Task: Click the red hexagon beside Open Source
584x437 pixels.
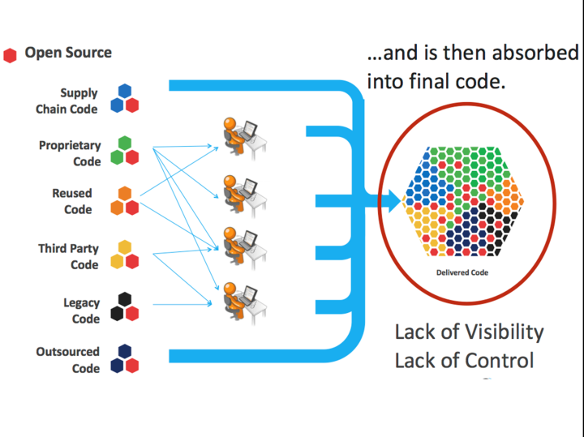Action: (10, 55)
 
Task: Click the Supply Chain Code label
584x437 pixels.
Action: (67, 101)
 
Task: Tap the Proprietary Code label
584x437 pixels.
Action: (71, 153)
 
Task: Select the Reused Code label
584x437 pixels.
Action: (72, 201)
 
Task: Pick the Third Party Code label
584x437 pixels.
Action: (68, 256)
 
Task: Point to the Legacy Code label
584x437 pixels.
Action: (81, 311)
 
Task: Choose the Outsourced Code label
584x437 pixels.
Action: (67, 360)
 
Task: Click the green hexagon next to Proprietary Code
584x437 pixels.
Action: (125, 143)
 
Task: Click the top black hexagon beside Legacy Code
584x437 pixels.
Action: (125, 299)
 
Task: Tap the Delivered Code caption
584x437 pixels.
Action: (462, 272)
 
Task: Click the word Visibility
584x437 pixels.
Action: (503, 332)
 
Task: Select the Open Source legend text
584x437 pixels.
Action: (68, 53)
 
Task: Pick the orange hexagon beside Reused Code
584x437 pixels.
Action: (125, 194)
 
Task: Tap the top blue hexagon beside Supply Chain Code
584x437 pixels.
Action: (125, 91)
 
